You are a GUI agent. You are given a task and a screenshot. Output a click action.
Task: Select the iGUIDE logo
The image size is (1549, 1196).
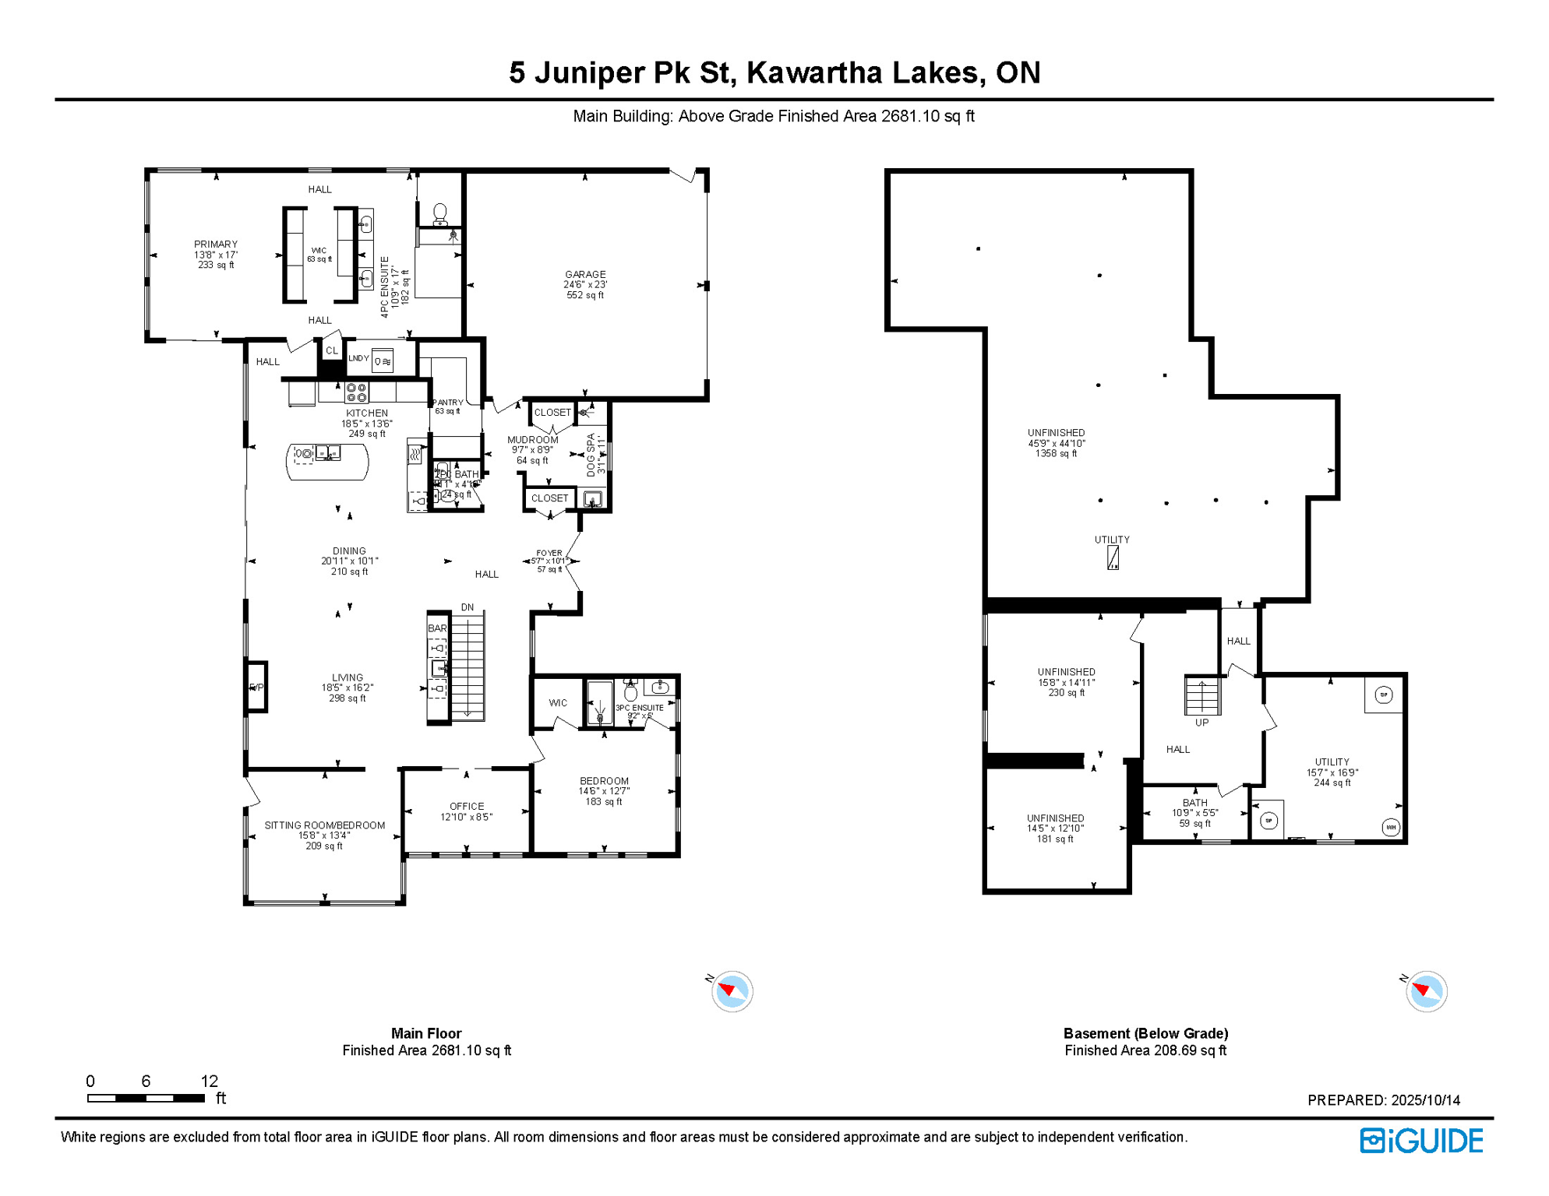1421,1141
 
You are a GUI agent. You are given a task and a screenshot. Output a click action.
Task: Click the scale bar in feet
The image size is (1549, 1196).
146,1098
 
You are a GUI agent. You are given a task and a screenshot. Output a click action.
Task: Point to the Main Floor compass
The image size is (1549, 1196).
732,991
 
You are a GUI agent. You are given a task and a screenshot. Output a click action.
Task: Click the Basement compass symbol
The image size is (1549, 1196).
1426,991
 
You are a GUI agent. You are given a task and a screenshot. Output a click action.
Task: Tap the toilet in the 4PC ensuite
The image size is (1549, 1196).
439,213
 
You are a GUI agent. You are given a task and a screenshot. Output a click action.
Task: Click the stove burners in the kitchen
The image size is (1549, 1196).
356,392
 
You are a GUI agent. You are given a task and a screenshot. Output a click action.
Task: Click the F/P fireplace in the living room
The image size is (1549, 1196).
256,687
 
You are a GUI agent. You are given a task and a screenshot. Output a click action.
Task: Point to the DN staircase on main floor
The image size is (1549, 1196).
468,666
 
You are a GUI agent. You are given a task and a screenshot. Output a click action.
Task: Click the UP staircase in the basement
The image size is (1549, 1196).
1201,695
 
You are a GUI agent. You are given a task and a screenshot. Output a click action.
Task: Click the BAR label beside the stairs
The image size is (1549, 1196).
437,628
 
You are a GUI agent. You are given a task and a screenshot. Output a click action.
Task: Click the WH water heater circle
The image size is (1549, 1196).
1391,827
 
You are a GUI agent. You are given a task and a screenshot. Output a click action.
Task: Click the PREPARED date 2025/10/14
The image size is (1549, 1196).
1383,1100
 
